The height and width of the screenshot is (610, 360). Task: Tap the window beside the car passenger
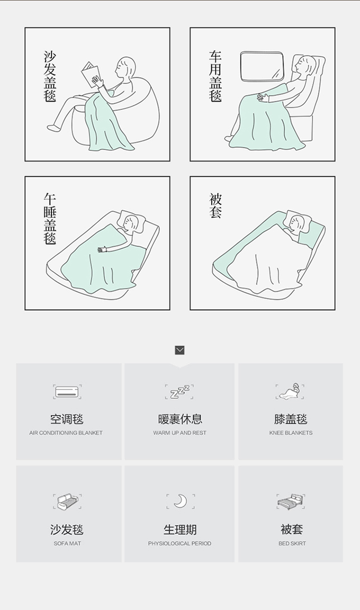click(x=262, y=66)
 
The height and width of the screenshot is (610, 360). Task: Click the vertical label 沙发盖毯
click(x=50, y=76)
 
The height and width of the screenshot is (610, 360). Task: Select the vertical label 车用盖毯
click(x=215, y=76)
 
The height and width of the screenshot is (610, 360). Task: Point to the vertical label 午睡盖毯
click(x=50, y=218)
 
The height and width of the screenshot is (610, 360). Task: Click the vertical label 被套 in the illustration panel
click(x=216, y=205)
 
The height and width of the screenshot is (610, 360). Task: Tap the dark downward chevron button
click(x=180, y=350)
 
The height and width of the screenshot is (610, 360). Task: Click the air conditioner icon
click(x=67, y=392)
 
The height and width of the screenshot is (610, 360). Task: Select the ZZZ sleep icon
click(x=180, y=392)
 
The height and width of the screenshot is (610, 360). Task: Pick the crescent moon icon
click(x=180, y=501)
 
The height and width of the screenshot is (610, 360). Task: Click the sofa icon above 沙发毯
click(x=67, y=502)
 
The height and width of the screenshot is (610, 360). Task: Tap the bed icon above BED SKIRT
click(x=290, y=502)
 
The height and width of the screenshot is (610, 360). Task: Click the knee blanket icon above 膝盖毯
click(x=290, y=392)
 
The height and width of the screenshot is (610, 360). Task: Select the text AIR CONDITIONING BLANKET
click(x=66, y=433)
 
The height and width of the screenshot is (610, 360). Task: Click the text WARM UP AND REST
click(x=180, y=433)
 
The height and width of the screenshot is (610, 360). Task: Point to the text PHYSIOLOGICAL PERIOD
click(x=180, y=543)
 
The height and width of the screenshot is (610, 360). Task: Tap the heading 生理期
click(x=180, y=529)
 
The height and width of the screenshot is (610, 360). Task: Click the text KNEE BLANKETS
click(x=291, y=433)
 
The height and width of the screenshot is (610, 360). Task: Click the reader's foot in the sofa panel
click(x=53, y=128)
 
